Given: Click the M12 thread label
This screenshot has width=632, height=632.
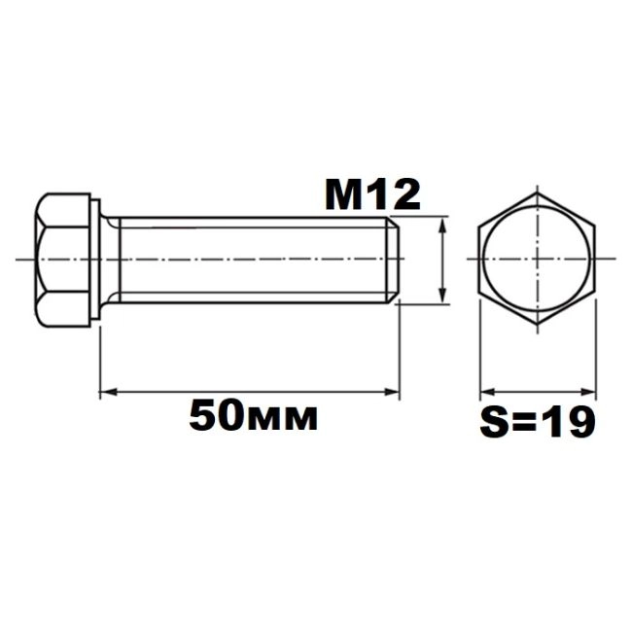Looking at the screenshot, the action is pos(372,195).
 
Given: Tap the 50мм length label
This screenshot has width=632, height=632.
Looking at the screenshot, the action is pos(254,415).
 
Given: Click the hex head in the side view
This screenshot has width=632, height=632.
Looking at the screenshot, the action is pos(62,260).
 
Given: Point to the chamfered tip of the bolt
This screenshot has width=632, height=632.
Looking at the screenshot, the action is pos(394,260).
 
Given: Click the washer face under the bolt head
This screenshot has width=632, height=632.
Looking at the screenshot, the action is pos(95,260).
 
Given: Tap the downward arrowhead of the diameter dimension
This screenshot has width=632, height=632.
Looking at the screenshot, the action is pos(443,296).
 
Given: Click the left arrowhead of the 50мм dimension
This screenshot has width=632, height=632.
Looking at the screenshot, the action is pos(108,391).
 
